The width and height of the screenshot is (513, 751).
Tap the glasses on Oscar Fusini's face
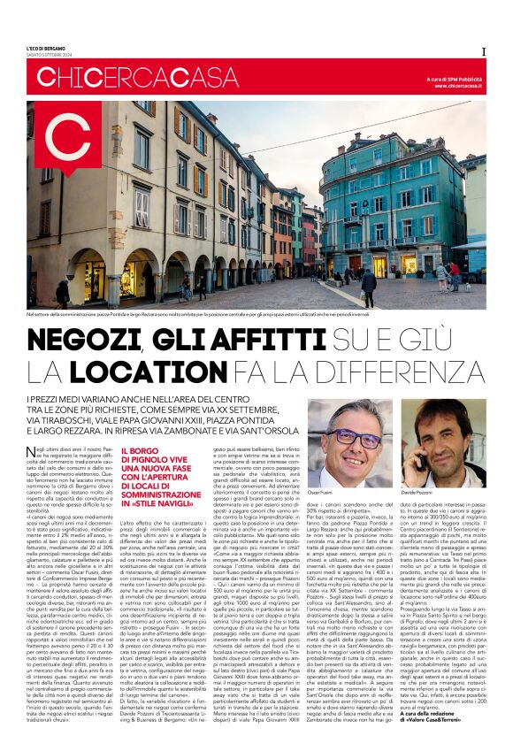[x=356, y=440]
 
